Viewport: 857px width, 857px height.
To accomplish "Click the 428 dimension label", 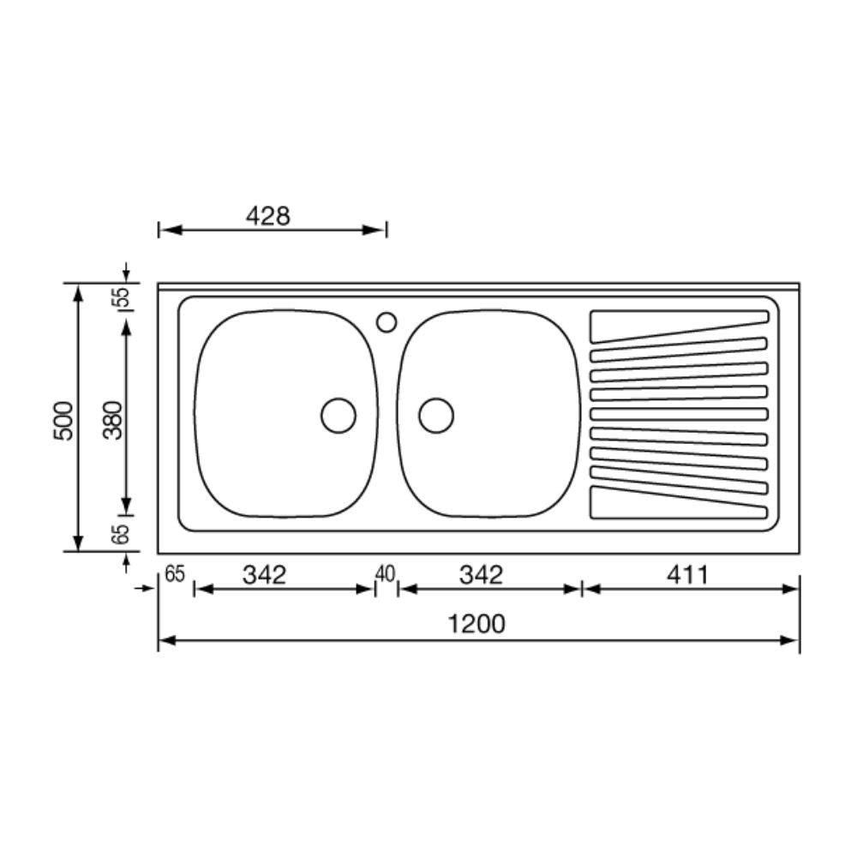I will (268, 216).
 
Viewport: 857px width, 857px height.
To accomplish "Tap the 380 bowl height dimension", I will (113, 419).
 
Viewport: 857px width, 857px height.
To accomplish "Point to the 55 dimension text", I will (122, 297).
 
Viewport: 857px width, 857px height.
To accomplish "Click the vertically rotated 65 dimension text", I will (122, 534).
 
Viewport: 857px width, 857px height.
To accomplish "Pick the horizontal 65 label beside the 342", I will (175, 574).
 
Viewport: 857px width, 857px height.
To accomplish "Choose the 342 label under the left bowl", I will (263, 575).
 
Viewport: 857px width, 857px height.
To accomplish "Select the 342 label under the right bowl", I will (481, 575).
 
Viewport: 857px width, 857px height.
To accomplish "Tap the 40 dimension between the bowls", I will (386, 573).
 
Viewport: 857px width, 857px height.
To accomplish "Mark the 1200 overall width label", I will (476, 624).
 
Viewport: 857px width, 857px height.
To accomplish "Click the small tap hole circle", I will (387, 321).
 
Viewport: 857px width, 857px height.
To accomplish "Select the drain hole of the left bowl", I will (339, 416).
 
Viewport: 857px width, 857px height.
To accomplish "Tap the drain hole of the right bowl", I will (436, 416).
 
